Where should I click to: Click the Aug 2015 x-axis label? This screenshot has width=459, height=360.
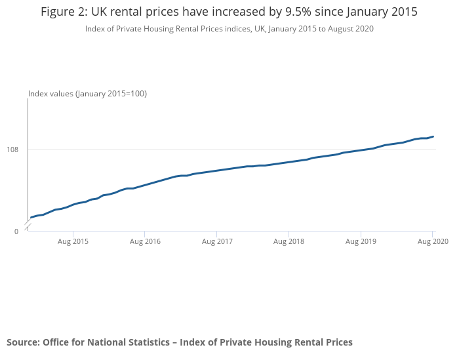pos(73,242)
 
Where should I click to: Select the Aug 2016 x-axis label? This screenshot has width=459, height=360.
pos(145,242)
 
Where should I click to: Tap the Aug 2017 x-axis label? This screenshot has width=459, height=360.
pos(217,242)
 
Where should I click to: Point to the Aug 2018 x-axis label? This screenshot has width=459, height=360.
pos(289,242)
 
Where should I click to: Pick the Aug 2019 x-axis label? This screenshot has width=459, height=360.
pos(361,242)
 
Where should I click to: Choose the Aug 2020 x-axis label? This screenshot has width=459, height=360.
pos(433,242)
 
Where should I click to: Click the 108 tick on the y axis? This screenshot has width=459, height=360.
pos(12,150)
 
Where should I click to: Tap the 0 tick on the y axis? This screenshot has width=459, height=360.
pos(16,231)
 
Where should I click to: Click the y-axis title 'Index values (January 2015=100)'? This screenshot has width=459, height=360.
pos(87,94)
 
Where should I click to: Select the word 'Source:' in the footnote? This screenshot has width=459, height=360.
pos(24,342)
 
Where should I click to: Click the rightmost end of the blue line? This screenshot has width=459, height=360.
pos(433,136)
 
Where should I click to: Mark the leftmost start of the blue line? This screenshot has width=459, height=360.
pos(31,217)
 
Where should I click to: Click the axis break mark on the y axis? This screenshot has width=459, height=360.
pos(28,225)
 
